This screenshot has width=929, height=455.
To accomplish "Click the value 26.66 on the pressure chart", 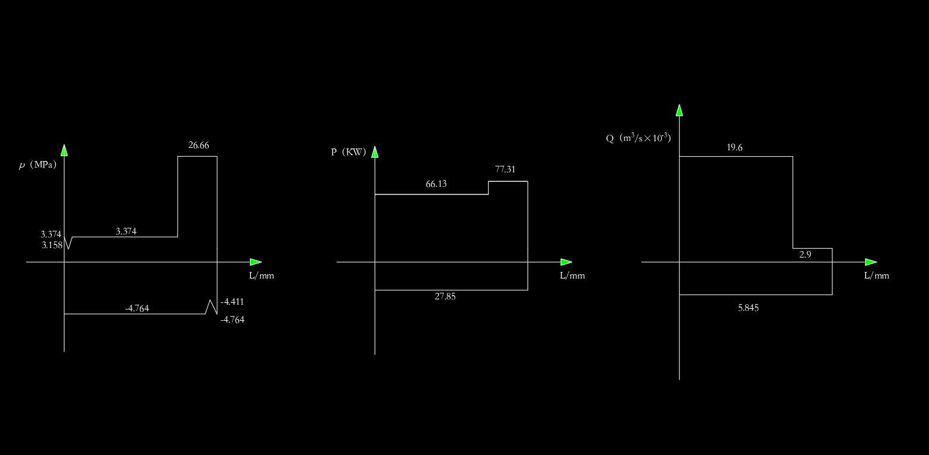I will tap(199, 145).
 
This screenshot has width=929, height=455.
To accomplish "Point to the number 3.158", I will tap(52, 245).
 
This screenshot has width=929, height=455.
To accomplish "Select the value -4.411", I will tap(232, 302).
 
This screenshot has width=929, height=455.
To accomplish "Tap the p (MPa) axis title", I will tap(38, 165).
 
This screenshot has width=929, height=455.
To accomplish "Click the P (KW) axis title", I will tap(348, 152).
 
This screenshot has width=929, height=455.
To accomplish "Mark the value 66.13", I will tap(436, 184).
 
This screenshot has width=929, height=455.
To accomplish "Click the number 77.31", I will tap(505, 169).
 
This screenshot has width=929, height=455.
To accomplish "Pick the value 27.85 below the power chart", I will tap(445, 296).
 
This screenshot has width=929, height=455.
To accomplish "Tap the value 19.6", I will tap(734, 148).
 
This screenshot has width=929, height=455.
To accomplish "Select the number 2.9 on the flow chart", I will tap(805, 255).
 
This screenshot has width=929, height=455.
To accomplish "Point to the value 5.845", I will tap(748, 308).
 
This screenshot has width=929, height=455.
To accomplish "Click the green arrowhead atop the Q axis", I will tap(679, 110).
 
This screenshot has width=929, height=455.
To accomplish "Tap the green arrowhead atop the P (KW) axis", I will tap(375, 152).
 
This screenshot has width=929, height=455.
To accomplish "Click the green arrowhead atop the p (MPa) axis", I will tap(64, 150).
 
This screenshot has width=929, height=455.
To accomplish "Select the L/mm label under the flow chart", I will tap(876, 276).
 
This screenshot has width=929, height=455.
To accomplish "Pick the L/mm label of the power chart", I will tap(572, 276).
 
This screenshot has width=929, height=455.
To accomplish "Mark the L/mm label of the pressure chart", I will tap(261, 276).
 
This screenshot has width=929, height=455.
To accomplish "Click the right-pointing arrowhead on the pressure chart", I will tap(256, 262).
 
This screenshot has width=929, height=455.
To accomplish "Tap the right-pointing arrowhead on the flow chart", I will tap(871, 262).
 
